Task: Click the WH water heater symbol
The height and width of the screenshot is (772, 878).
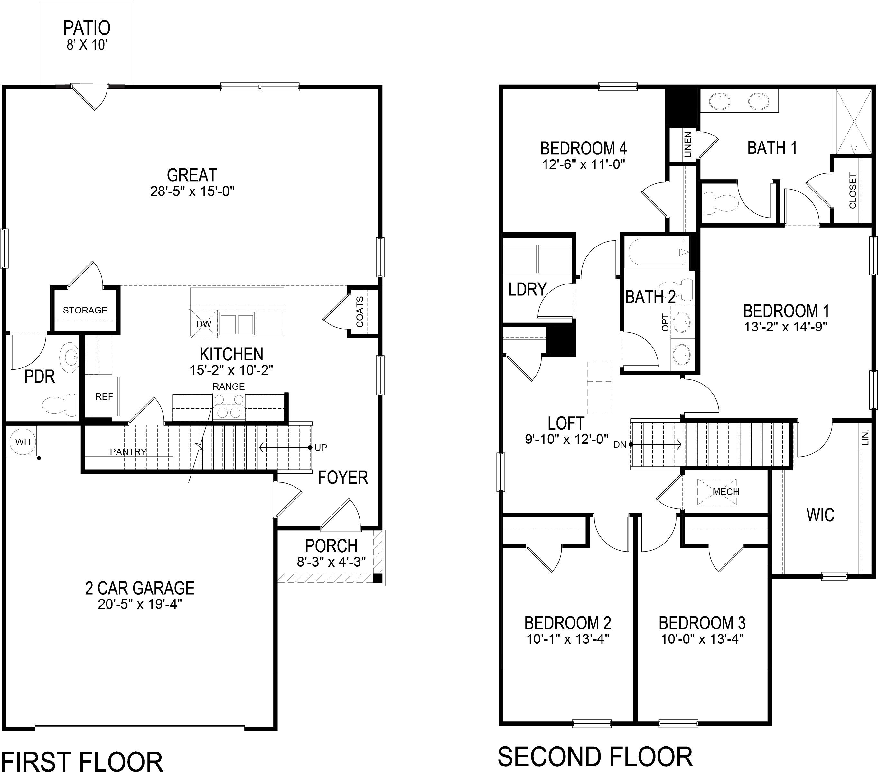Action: click(x=22, y=441)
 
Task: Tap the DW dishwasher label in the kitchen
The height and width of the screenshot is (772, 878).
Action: click(x=204, y=324)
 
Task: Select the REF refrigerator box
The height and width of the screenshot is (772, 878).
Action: click(x=104, y=396)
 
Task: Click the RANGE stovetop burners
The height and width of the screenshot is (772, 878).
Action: click(x=229, y=406)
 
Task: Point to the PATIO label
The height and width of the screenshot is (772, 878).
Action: click(x=87, y=28)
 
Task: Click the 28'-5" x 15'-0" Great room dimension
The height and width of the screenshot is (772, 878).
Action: click(x=192, y=191)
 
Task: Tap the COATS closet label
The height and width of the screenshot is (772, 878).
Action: click(x=360, y=312)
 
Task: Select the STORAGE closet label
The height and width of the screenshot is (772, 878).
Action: click(x=85, y=310)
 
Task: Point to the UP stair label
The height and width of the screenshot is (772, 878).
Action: click(x=321, y=448)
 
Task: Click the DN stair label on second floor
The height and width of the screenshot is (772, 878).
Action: click(x=620, y=445)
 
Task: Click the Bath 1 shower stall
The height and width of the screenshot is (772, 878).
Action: click(x=854, y=127)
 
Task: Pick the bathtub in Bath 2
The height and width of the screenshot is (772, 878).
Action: click(x=657, y=253)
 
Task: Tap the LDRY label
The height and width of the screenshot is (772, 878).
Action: click(x=527, y=290)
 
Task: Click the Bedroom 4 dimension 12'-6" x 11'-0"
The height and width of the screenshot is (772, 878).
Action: click(x=583, y=164)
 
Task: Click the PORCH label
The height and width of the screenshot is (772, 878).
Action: click(x=331, y=546)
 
